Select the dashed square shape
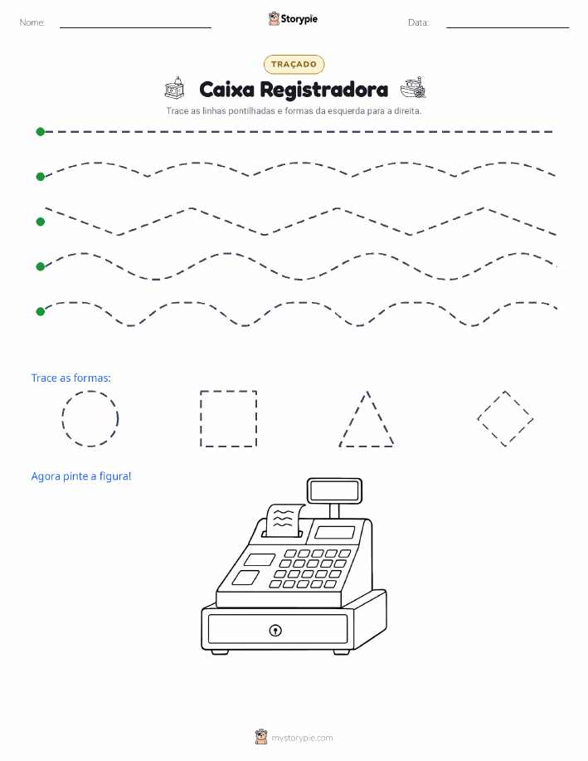tap(201, 418)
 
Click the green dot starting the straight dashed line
tap(41, 131)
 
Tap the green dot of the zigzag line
tap(41, 222)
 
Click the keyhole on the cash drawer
tap(275, 631)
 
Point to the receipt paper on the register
tap(284, 520)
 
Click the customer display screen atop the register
tap(334, 490)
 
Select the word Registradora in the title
tap(324, 90)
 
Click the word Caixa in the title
tap(226, 90)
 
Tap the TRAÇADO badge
tap(294, 64)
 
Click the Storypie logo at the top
tap(293, 19)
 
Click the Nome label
tap(32, 22)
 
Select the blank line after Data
tap(508, 27)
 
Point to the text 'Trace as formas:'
tap(70, 378)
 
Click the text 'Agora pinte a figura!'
tap(81, 476)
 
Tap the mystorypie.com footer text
tap(302, 738)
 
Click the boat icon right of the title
tap(413, 88)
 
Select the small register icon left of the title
tap(175, 88)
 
